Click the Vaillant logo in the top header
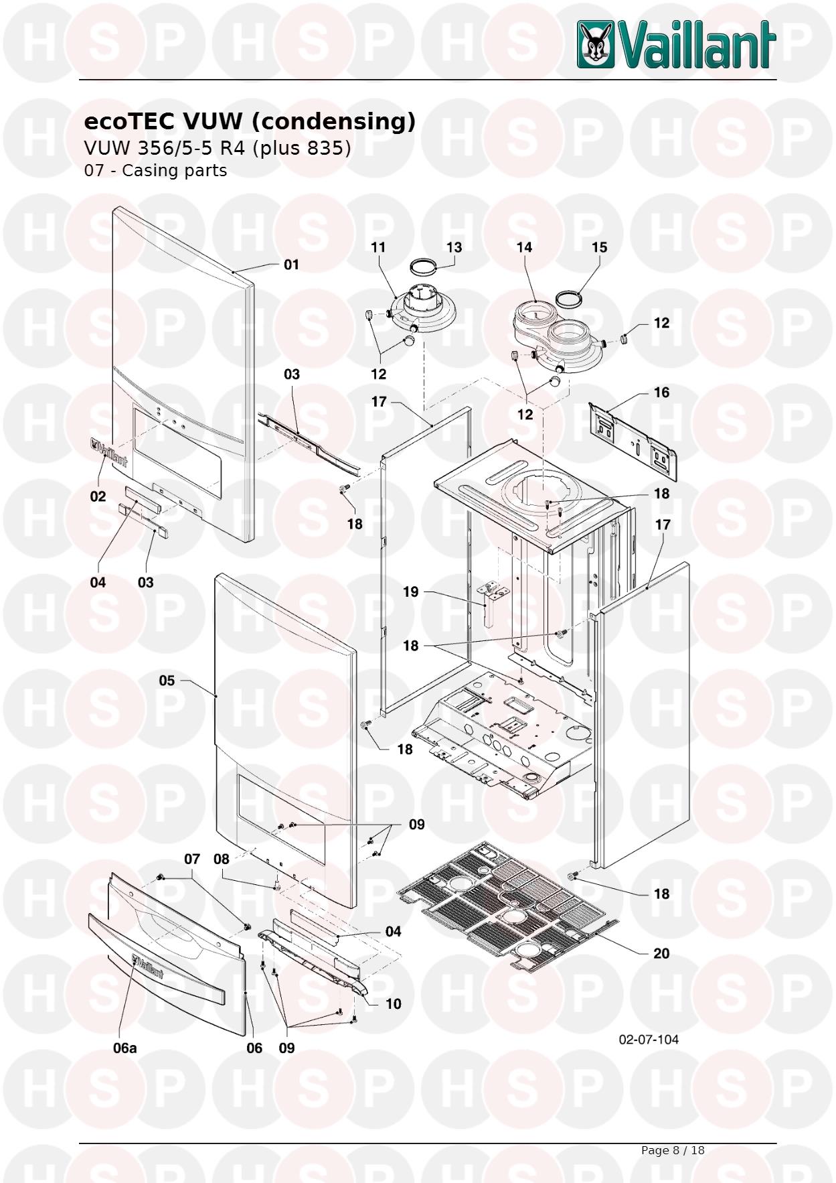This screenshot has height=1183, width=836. point(677,44)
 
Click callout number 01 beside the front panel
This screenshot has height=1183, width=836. point(291,265)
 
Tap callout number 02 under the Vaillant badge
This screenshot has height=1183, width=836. point(98,496)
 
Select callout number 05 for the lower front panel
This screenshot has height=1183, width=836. point(167,681)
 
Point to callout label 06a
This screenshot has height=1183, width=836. point(124,1048)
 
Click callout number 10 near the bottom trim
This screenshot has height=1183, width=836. point(394,1003)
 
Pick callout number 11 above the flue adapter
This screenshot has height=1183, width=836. point(378,247)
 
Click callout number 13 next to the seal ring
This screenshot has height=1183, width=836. point(454,247)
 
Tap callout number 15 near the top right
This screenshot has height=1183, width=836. point(599,247)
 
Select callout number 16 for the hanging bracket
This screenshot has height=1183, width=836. point(661,392)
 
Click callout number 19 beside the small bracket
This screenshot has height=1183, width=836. point(410,591)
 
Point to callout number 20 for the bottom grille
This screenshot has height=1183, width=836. point(661,953)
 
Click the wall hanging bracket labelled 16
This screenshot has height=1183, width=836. point(633,441)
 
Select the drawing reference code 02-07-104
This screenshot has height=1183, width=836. point(649,1039)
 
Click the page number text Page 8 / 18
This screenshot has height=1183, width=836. point(673,1150)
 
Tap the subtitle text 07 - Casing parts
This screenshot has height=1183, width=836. point(155,170)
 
